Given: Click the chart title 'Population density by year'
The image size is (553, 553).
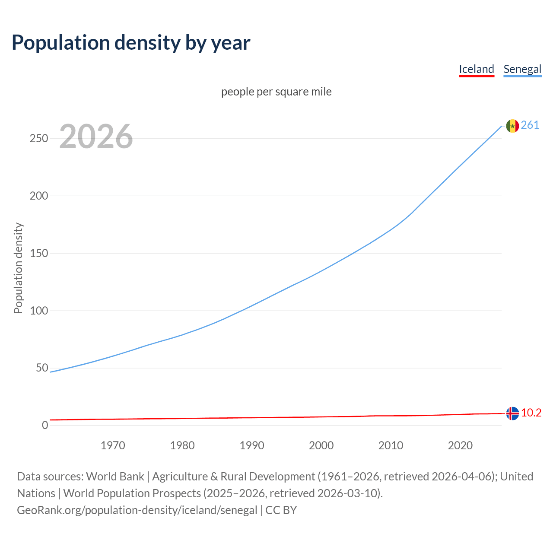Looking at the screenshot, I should [x=131, y=43].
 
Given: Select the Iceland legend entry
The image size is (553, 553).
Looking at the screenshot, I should [x=476, y=69].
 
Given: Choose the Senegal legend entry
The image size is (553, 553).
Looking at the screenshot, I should [x=522, y=69].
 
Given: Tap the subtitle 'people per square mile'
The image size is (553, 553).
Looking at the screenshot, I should [x=276, y=92].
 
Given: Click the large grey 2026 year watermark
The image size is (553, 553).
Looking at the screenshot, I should [x=96, y=137].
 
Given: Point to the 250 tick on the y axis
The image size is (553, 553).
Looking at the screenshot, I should [x=38, y=139].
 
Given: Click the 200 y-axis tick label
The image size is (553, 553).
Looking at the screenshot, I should [x=38, y=196].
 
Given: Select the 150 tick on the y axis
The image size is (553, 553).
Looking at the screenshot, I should [x=38, y=253].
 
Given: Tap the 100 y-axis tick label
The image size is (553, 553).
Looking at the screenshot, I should [x=38, y=311].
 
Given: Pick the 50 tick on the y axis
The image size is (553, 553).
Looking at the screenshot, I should [x=42, y=368].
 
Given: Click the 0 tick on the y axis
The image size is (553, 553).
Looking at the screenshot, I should [x=45, y=425].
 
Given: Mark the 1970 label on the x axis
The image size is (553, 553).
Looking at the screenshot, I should [x=113, y=445].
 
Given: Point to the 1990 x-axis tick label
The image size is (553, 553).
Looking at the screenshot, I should [x=252, y=445].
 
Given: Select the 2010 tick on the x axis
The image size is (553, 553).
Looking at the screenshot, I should [x=391, y=445].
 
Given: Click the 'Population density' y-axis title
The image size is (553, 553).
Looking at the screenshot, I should [x=18, y=268].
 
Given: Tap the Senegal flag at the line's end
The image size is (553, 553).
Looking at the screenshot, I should [x=512, y=126].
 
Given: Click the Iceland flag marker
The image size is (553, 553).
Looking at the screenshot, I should [x=512, y=413].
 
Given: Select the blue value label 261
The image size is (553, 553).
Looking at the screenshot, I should [x=530, y=125].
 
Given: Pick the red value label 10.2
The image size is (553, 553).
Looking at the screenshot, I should [x=531, y=413].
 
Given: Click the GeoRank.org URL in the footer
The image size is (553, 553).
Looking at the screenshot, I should [x=137, y=510].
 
